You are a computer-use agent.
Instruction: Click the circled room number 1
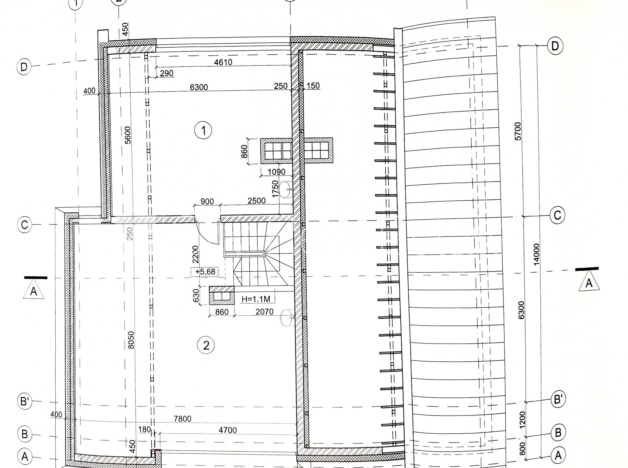click(203, 131)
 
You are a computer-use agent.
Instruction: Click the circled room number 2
click(206, 345)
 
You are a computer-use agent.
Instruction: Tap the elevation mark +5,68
click(205, 272)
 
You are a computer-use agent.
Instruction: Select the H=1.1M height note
click(256, 299)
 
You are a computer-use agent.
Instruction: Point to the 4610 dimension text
click(223, 62)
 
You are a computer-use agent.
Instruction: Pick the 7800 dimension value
click(183, 418)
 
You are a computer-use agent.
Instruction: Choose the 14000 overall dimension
click(536, 254)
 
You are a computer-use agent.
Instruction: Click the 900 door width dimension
click(207, 201)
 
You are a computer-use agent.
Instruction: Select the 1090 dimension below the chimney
click(276, 172)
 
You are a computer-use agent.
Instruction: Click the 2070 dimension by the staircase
click(264, 312)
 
